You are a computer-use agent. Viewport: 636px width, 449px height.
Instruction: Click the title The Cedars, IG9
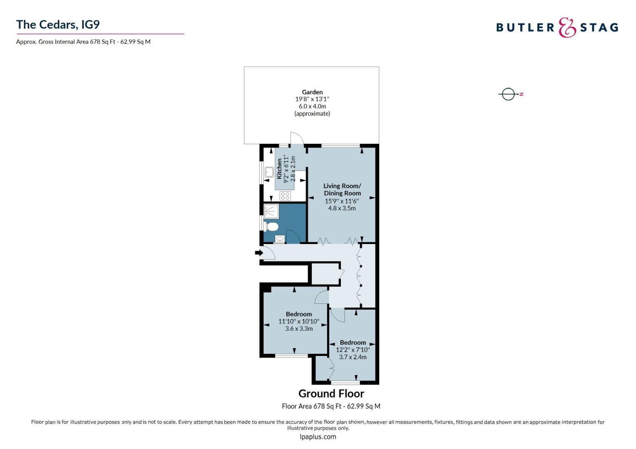tap(58, 25)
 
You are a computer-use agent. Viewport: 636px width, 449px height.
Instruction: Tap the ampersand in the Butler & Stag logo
tap(567, 27)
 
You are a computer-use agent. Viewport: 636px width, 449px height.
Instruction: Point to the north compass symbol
tap(509, 94)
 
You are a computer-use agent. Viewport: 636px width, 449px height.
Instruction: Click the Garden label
tap(312, 92)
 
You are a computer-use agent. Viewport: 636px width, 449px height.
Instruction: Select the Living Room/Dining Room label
tap(342, 190)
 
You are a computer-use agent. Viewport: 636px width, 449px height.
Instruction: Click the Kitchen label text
tap(279, 168)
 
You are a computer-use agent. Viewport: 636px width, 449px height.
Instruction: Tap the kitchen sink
tap(269, 172)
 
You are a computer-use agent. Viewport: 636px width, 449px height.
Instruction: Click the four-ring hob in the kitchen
tap(285, 196)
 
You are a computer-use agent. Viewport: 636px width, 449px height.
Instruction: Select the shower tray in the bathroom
tap(271, 211)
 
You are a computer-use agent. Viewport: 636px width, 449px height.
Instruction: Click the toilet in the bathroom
tap(271, 227)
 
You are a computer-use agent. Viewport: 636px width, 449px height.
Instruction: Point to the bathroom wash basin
tap(279, 239)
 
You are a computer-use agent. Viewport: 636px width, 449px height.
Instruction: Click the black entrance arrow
tap(258, 252)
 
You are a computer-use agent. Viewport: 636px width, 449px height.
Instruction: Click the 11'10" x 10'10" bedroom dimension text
tap(298, 321)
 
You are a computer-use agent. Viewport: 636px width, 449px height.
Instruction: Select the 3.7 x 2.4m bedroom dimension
tap(353, 357)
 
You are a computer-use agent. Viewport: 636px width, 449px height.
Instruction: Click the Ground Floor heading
tap(331, 393)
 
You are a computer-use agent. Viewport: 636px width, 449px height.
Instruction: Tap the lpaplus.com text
tap(318, 437)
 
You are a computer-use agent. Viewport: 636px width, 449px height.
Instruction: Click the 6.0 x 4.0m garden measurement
tap(312, 106)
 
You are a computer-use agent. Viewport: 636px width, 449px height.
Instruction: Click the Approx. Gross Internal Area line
tap(83, 42)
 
